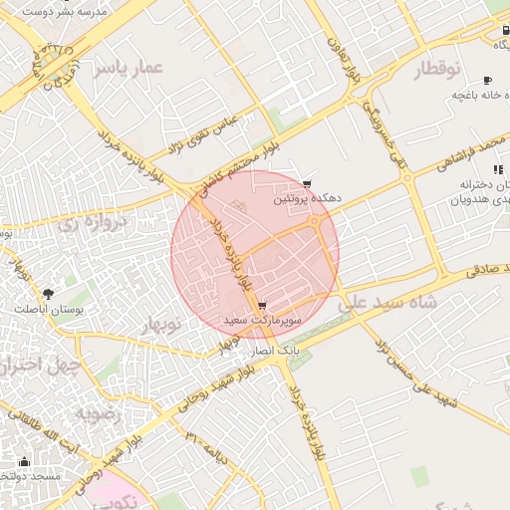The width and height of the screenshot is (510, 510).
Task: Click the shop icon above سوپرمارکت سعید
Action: click(x=261, y=306)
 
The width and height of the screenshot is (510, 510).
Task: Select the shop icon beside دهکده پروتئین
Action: click(x=308, y=184)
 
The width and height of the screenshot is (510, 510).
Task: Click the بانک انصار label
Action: click(x=273, y=353)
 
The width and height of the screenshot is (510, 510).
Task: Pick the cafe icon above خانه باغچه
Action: click(x=487, y=80)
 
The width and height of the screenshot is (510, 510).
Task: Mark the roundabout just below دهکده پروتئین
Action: click(x=317, y=222)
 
